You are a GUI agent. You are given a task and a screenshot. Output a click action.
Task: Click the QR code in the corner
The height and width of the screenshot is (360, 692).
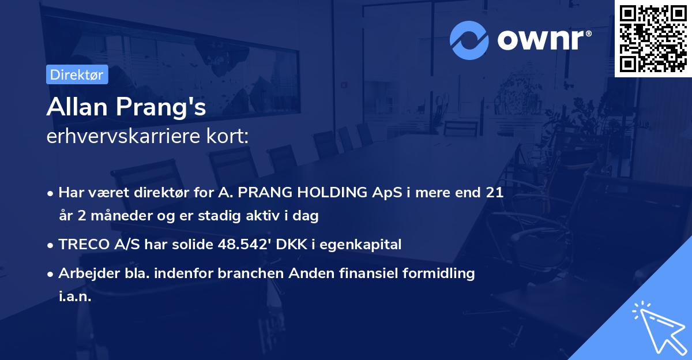coord(653,39)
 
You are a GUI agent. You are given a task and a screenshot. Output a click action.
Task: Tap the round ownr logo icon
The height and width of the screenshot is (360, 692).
coord(469,39)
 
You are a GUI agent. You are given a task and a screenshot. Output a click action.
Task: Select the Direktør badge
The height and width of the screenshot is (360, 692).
coord(77,74)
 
